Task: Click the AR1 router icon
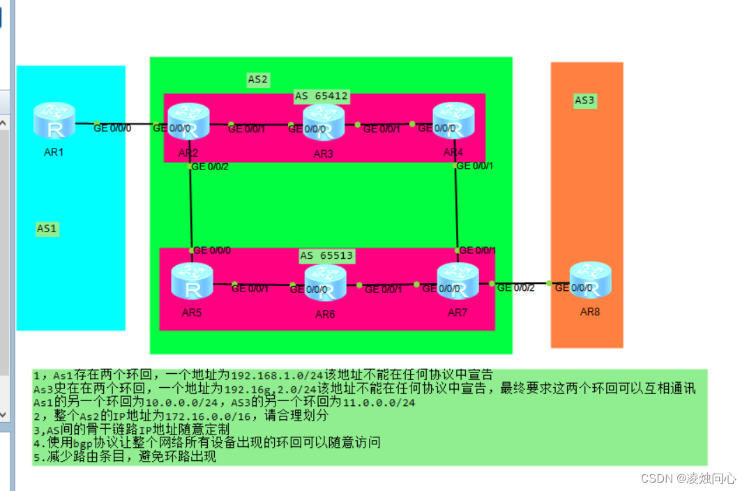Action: (x=54, y=120)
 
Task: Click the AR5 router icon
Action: (x=192, y=281)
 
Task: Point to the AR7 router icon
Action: (x=458, y=280)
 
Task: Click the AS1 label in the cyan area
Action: (x=47, y=229)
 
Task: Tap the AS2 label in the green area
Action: (x=257, y=80)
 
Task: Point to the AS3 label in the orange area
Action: (x=584, y=100)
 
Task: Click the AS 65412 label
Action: (x=321, y=96)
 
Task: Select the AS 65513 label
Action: (x=326, y=256)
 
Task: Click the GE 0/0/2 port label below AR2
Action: (x=210, y=167)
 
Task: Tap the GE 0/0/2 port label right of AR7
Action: (x=515, y=288)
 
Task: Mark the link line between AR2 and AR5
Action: (x=190, y=209)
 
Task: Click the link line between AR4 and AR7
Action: (x=456, y=209)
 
